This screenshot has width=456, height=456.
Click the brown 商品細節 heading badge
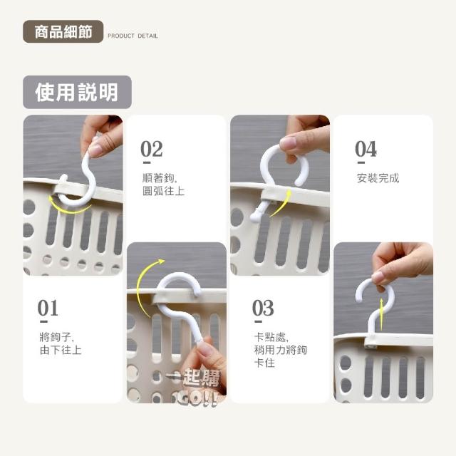[63, 31]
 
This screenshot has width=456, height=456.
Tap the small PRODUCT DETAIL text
[133, 36]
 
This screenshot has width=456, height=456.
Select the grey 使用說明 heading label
[77, 92]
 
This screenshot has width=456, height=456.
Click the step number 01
[48, 308]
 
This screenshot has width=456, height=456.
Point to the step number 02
[152, 149]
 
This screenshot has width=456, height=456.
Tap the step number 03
[263, 308]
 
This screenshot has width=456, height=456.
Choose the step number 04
[366, 149]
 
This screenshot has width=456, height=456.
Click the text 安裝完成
[378, 178]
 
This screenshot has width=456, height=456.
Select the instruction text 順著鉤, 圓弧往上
[163, 185]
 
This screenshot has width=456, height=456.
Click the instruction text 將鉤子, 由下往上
[61, 343]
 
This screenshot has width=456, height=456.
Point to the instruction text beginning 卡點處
[280, 350]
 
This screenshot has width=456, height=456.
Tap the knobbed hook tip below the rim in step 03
[256, 217]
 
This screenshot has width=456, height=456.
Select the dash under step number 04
[361, 162]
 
